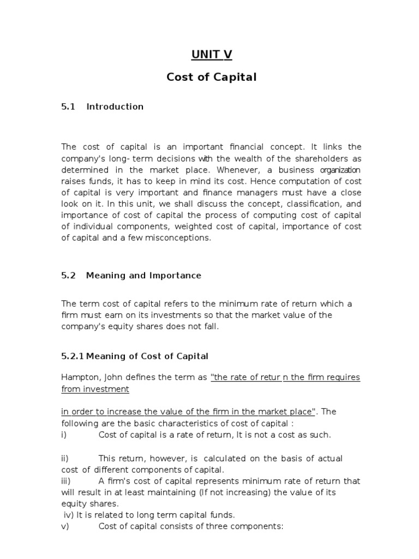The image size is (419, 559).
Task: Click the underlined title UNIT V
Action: (211, 54)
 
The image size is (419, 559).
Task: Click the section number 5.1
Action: (68, 106)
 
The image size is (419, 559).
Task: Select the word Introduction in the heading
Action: (115, 106)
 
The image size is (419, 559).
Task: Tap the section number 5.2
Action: (68, 276)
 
